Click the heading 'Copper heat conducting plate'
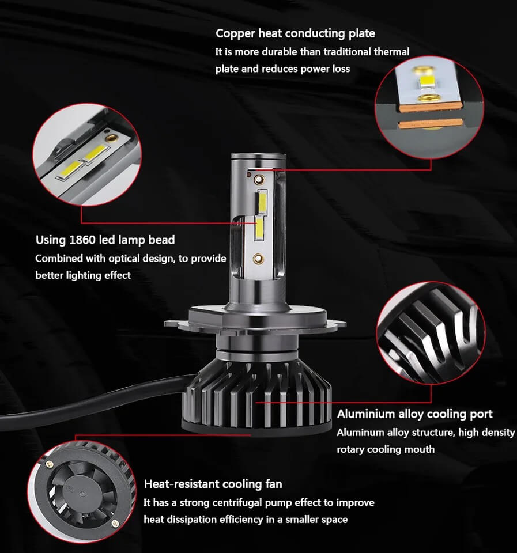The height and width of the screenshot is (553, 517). click(295, 33)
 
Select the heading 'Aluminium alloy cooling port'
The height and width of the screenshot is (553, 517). click(414, 414)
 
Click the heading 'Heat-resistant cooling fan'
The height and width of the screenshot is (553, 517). click(213, 484)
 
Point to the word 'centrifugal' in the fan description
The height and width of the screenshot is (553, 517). click(231, 502)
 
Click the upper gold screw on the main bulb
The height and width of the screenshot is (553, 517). click(259, 180)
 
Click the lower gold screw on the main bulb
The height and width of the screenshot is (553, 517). click(258, 259)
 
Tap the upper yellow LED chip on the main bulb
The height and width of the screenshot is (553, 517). click(263, 202)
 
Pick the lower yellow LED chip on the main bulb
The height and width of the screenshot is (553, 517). click(259, 229)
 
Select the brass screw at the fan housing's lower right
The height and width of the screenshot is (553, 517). click(115, 523)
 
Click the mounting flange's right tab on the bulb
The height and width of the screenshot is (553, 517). click(337, 323)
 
